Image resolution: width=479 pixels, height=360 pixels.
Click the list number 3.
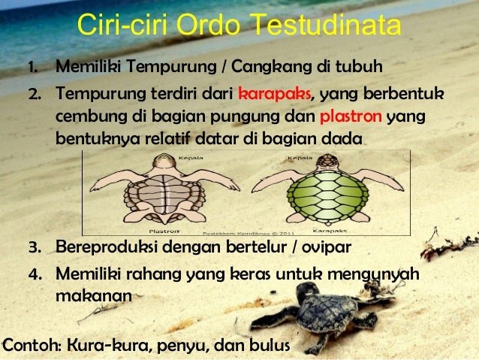pos(34,247)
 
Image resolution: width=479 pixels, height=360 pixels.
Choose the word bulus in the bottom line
pos(269,346)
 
